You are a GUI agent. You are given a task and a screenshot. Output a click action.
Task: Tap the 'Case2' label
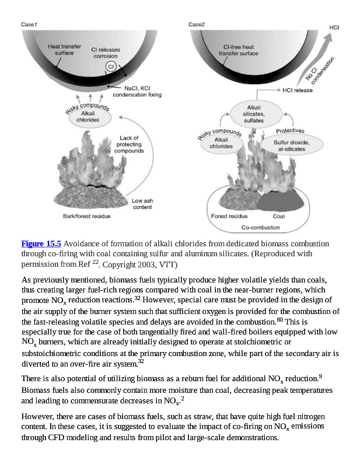click(x=197, y=25)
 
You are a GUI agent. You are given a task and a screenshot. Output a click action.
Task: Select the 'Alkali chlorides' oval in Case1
click(x=88, y=117)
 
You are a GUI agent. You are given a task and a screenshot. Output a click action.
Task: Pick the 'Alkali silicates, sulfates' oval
click(x=254, y=114)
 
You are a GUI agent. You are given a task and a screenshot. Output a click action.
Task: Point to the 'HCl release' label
click(x=298, y=90)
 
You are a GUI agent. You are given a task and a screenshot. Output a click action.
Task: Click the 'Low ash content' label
click(x=141, y=204)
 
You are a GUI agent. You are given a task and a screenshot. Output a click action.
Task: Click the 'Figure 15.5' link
click(x=41, y=243)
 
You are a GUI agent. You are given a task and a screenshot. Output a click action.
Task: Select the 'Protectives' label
click(x=289, y=131)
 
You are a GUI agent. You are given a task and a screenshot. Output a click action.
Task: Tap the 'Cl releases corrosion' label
click(x=106, y=53)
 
